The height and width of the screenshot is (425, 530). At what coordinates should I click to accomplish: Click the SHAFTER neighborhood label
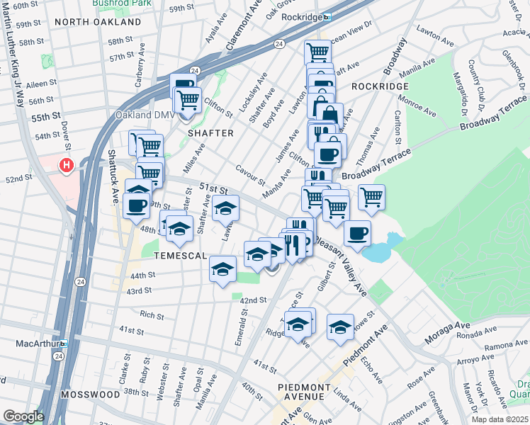pyautogui.click(x=210, y=132)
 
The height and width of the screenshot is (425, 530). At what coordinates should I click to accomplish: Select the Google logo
pyautogui.click(x=23, y=416)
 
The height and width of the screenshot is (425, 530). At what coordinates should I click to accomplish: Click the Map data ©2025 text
pyautogui.click(x=499, y=419)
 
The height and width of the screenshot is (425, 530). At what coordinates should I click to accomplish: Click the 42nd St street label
pyautogui.click(x=253, y=300)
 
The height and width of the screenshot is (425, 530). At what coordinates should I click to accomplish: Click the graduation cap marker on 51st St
pyautogui.click(x=226, y=208)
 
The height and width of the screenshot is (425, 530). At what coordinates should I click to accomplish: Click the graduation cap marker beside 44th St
pyautogui.click(x=222, y=269)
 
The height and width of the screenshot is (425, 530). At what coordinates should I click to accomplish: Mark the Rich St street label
pyautogui.click(x=152, y=314)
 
